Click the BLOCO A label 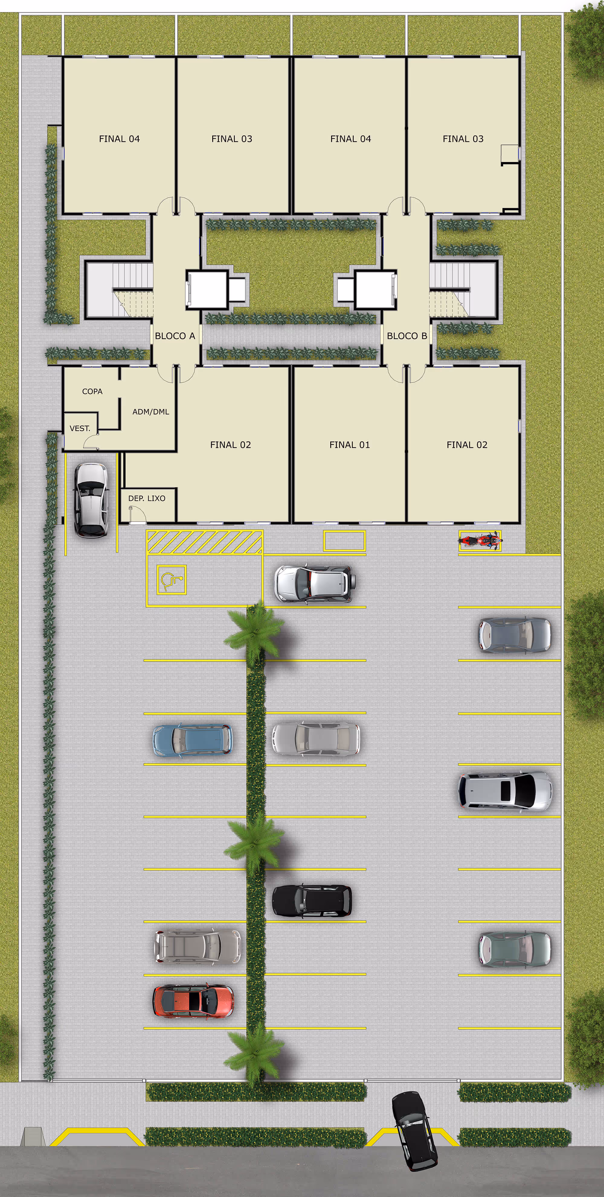(175, 336)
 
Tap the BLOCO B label (406, 336)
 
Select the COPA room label (92, 391)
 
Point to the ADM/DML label (150, 412)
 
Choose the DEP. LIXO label (147, 498)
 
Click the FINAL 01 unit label (349, 445)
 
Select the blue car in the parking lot (193, 739)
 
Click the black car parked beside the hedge (311, 900)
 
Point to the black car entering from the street (414, 1131)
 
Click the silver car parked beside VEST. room (92, 500)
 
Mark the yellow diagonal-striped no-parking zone (204, 542)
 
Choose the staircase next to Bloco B (462, 289)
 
